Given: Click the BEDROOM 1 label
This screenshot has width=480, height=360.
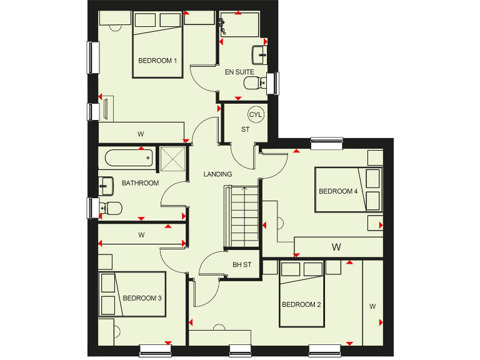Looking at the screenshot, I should [158, 61].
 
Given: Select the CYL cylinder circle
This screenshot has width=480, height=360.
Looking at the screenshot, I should [256, 115].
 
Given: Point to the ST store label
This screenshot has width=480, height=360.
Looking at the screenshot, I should [245, 130].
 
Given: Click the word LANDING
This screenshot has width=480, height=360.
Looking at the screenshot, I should [217, 174].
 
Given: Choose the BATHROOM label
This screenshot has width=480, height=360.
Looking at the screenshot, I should [140, 183].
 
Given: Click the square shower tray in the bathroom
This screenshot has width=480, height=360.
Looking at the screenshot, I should [172, 158].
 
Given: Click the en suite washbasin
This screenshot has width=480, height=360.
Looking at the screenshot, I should [259, 55].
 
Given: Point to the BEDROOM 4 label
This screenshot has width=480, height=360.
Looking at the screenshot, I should [338, 191].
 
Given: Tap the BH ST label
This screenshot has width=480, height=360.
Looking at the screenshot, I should [242, 265].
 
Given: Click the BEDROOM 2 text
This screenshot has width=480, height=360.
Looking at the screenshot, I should [301, 304].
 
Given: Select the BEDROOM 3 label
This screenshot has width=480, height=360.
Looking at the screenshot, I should [142, 298].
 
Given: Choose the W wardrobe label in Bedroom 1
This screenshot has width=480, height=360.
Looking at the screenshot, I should [141, 133].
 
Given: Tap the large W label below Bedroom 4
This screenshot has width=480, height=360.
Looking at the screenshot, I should [336, 247].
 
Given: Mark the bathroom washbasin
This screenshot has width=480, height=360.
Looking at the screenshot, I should [106, 184].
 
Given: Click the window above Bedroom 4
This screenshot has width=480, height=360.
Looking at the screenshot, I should [327, 143].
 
